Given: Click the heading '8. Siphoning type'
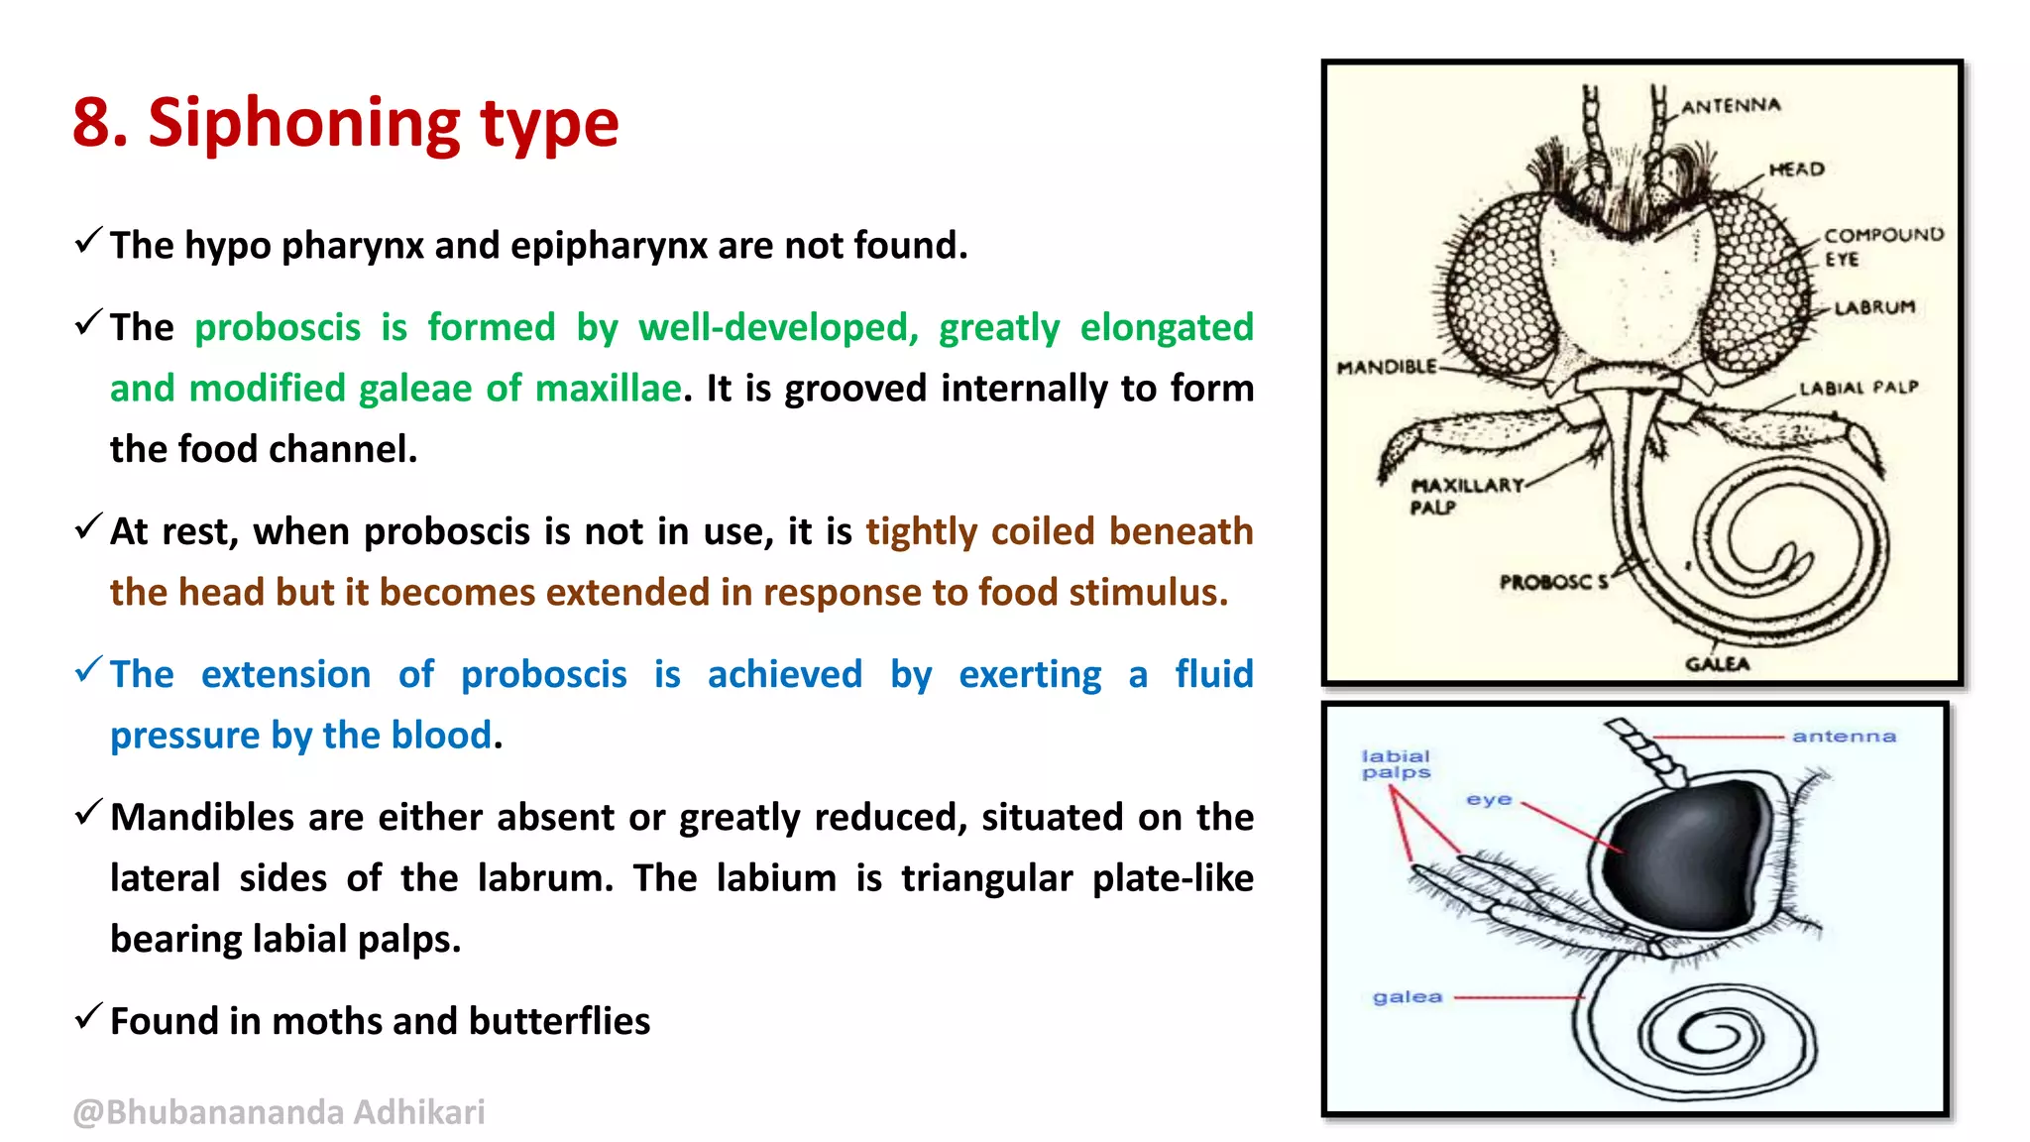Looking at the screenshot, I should (x=345, y=123).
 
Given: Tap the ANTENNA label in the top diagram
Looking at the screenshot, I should (x=1731, y=106).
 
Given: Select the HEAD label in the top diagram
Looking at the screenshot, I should (x=1796, y=170).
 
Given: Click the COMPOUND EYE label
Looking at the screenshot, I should (x=1882, y=246).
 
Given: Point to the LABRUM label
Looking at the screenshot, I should (x=1873, y=307).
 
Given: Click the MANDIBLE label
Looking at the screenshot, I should (x=1386, y=368).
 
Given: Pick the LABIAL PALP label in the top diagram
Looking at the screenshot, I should (x=1859, y=388).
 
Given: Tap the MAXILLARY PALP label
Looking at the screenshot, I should (x=1465, y=495).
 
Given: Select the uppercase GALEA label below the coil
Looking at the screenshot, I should (x=1717, y=664).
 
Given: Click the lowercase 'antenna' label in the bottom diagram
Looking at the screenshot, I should (x=1844, y=737).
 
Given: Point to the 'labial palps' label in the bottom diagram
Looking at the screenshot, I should (x=1396, y=764).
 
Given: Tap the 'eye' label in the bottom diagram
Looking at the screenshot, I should (x=1489, y=799).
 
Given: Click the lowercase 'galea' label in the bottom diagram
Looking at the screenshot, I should (x=1407, y=997).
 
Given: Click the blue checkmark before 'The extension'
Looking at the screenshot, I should (x=88, y=670).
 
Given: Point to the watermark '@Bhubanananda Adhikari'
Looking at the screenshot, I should (x=279, y=1112).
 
